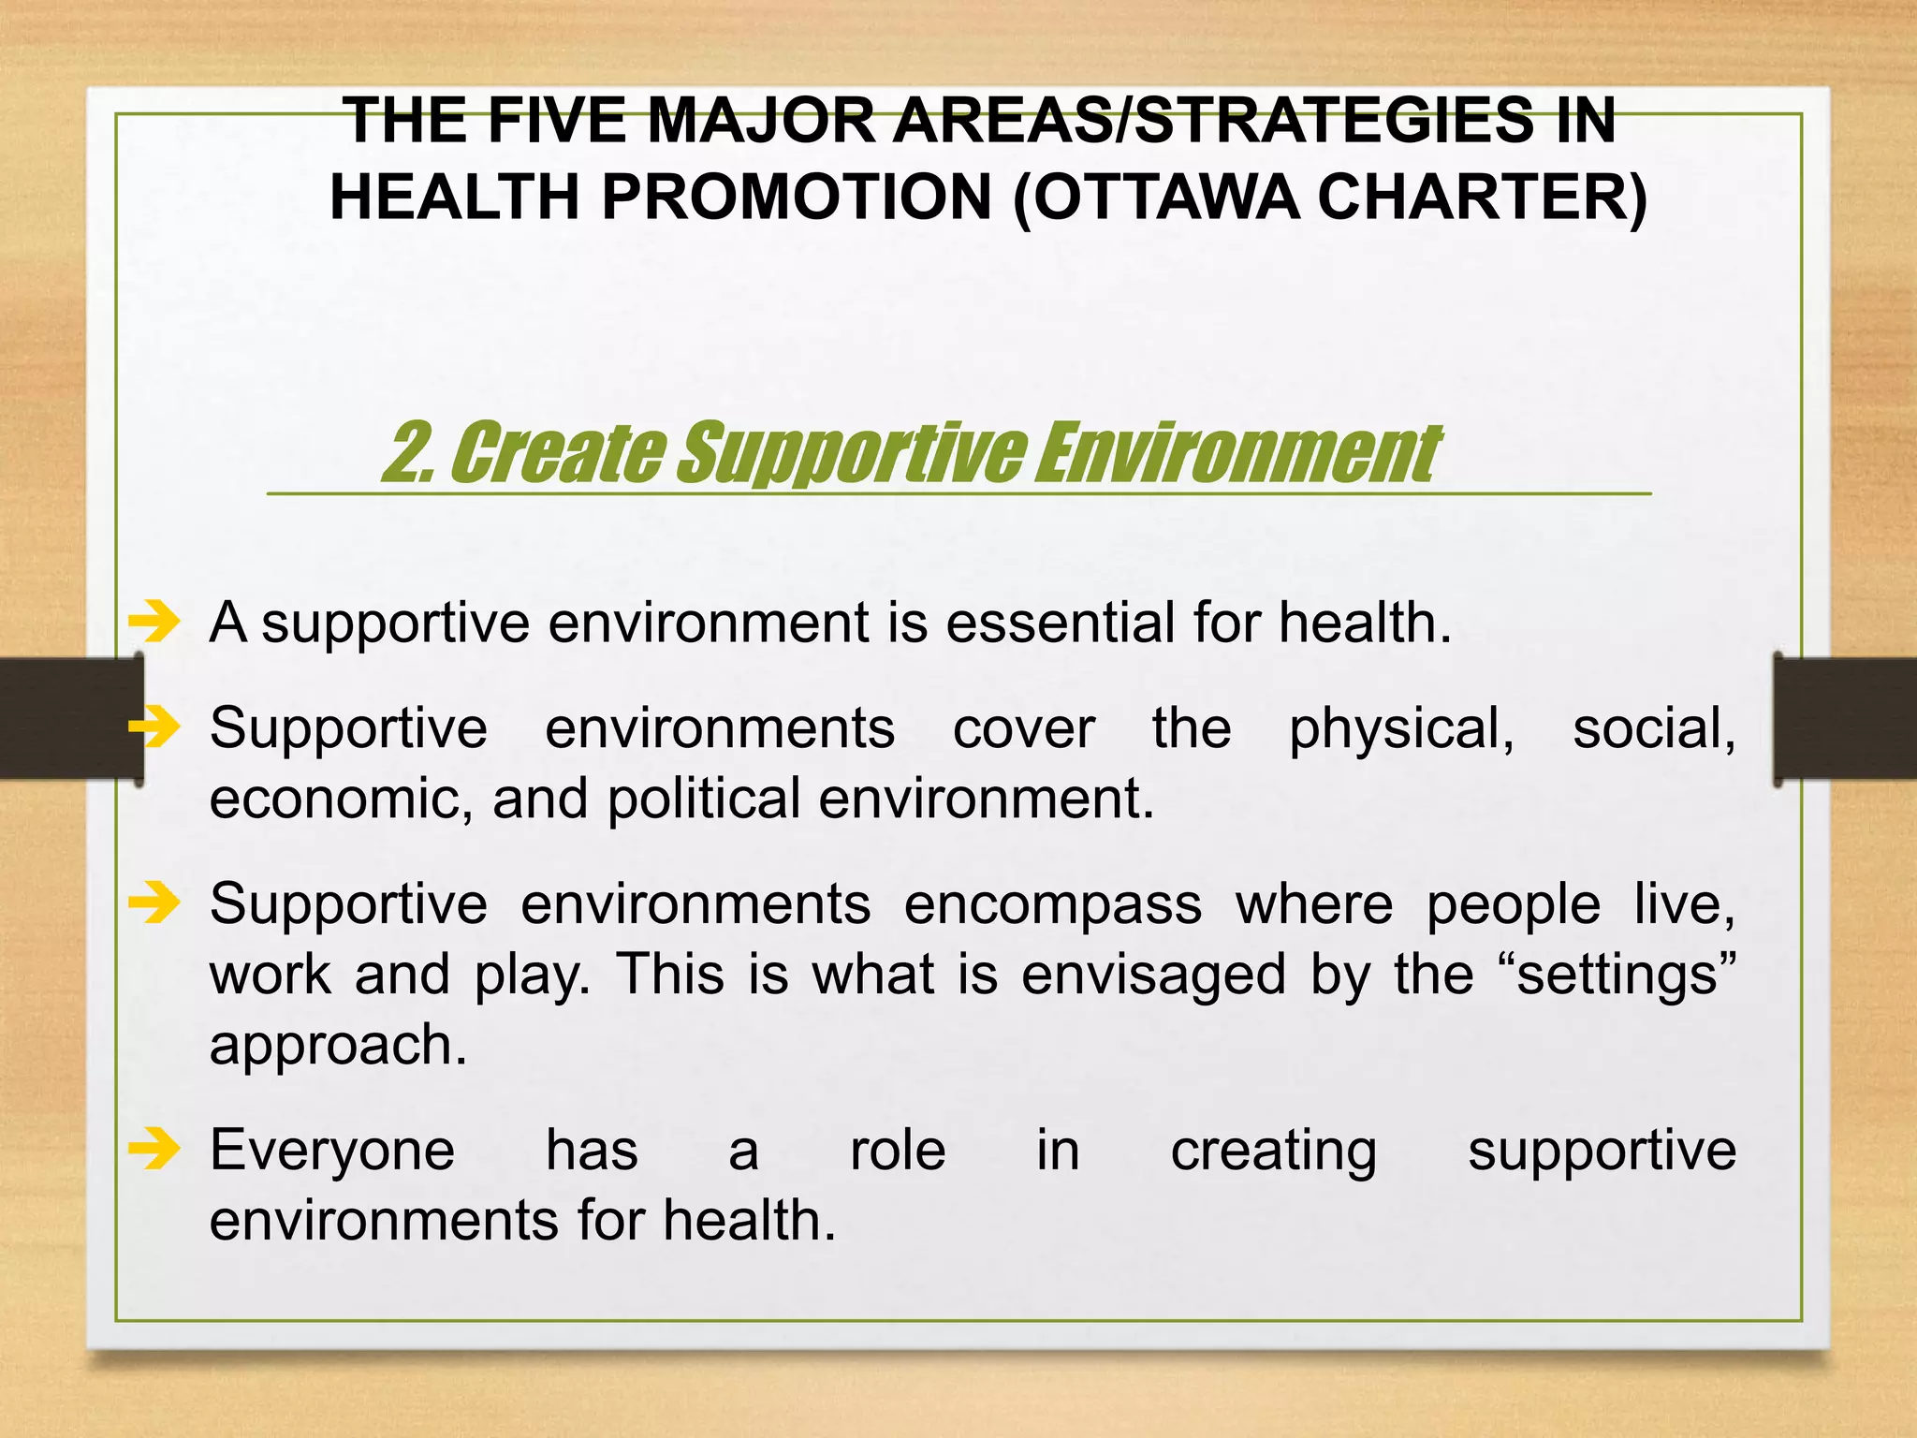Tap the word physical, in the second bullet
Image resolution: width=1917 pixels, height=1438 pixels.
[1401, 728]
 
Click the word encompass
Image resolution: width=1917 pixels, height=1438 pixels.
[1052, 904]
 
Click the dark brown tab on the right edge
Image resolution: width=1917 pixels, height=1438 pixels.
[1845, 719]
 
